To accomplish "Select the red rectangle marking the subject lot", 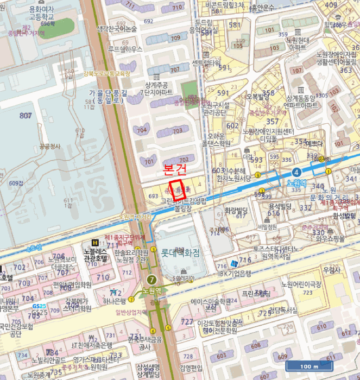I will [179, 190].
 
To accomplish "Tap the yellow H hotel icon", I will [96, 243].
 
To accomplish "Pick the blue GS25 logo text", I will [38, 306].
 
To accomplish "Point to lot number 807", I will [26, 116].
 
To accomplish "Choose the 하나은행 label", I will [116, 301].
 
